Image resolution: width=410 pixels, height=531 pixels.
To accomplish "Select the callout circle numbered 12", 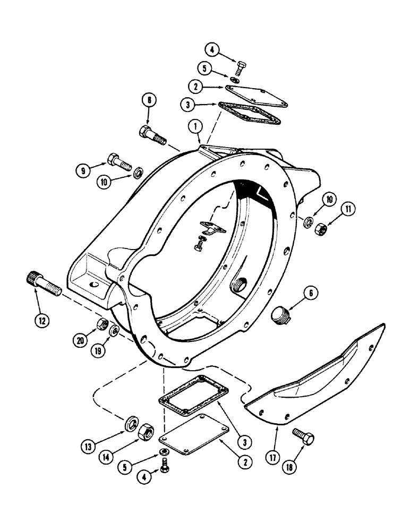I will tap(42, 320).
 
